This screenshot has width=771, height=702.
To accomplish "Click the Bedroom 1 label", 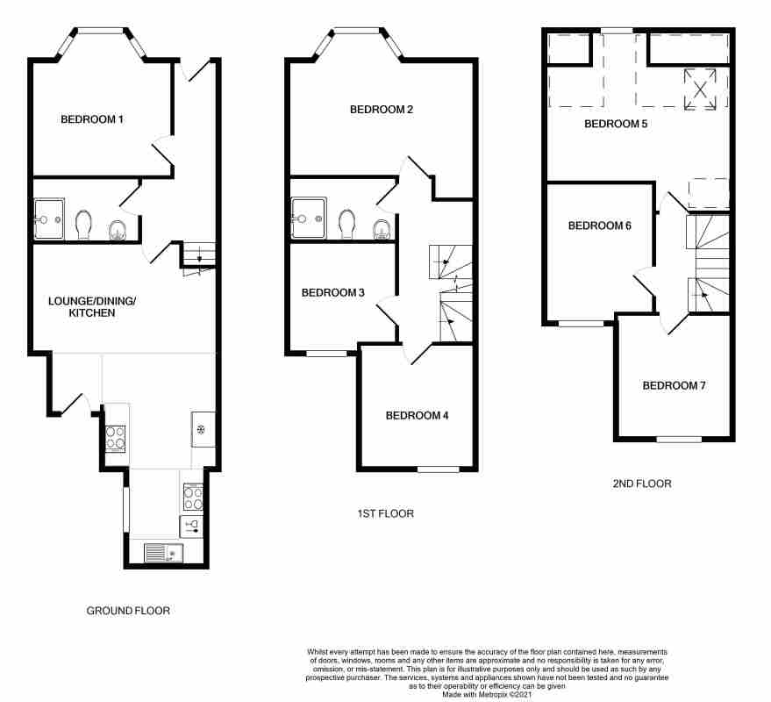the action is (x=92, y=119).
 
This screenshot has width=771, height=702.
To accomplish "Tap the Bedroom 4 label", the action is (x=417, y=416).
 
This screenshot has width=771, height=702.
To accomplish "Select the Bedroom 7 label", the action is (x=675, y=386).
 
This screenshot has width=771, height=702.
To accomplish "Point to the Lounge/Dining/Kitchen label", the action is (x=92, y=307).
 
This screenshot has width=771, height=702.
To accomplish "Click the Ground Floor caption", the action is (x=128, y=611).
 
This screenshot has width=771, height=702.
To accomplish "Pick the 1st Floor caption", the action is (x=386, y=513).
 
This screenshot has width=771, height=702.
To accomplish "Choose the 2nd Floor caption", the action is (x=642, y=484).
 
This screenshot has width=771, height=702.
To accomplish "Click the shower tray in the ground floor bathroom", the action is (x=49, y=218).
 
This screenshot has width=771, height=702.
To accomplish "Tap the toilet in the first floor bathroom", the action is (x=347, y=224).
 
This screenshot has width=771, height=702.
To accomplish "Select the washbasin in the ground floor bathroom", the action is (x=118, y=230).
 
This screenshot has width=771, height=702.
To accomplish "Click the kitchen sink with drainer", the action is (x=164, y=553).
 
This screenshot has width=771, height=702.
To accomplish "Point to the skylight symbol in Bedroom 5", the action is (x=700, y=90).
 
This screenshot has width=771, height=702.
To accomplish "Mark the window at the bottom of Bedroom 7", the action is (x=679, y=439).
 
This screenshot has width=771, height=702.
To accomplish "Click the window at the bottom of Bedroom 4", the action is (x=439, y=469).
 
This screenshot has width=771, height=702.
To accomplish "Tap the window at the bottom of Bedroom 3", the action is (x=326, y=353).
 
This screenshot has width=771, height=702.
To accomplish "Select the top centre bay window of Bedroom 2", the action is (x=357, y=31).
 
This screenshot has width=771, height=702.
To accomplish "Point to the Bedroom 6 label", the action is (x=600, y=226).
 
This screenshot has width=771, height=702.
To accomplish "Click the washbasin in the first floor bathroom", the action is (x=382, y=229).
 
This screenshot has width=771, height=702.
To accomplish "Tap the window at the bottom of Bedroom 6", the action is (x=582, y=323).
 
